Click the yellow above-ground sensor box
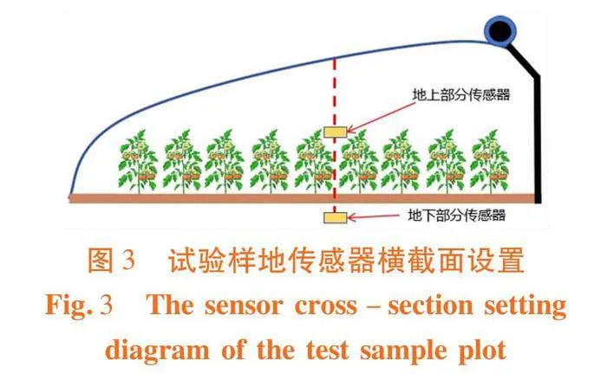[x=335, y=132]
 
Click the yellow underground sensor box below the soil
[x=336, y=217]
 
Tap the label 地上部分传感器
[x=461, y=94]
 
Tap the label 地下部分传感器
[x=457, y=215]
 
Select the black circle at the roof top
[x=500, y=30]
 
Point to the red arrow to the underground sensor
[x=374, y=216]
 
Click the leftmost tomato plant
[x=138, y=161]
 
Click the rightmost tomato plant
[x=490, y=161]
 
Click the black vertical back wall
[x=538, y=139]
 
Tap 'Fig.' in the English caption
[x=69, y=305]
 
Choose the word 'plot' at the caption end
[x=482, y=351]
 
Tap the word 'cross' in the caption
[x=325, y=306]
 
